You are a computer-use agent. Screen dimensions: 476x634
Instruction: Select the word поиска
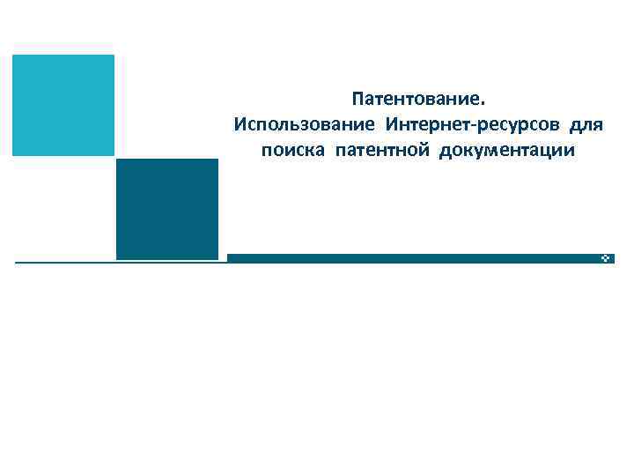click(293, 151)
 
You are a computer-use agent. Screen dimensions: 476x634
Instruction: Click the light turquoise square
click(63, 105)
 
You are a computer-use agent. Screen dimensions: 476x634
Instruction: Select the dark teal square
click(166, 209)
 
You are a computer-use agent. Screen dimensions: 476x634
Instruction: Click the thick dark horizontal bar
click(414, 258)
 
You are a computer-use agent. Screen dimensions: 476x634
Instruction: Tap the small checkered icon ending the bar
click(607, 258)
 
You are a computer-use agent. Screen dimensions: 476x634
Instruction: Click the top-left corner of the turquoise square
click(13, 56)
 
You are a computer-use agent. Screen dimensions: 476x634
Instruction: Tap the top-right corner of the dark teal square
click(217, 160)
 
